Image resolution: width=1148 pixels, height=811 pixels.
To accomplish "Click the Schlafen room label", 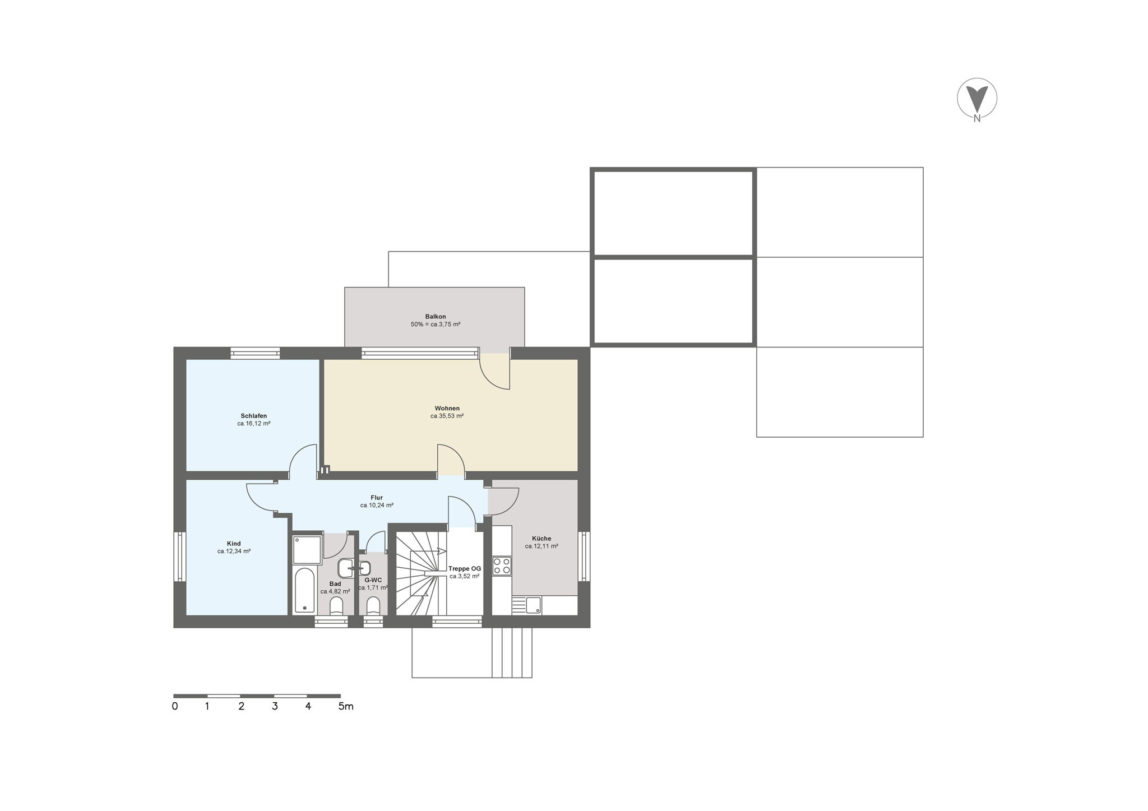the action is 254,416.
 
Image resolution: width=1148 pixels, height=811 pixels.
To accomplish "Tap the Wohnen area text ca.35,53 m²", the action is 447,416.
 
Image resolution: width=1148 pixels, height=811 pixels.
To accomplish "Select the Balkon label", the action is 436,317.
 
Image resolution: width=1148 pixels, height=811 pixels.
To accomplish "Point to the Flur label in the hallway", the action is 377,498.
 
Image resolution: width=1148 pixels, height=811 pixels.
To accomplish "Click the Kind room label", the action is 234,544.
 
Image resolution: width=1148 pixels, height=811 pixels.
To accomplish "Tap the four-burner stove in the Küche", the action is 502,566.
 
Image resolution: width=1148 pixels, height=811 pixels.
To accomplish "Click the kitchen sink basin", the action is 533,605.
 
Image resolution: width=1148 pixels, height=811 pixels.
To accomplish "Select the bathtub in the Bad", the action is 305,591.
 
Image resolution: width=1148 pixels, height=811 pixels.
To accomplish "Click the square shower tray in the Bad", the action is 308,550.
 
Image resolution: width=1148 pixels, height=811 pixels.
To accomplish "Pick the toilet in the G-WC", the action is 373,606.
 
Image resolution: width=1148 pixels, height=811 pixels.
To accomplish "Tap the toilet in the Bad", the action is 336,606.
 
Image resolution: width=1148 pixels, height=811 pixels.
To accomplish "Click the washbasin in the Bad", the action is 346,567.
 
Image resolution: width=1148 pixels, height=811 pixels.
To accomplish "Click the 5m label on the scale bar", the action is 346,706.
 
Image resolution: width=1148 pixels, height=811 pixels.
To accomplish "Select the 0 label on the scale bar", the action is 175,706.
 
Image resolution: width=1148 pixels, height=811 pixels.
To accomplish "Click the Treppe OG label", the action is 465,568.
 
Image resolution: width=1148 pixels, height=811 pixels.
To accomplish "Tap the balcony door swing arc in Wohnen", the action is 489,379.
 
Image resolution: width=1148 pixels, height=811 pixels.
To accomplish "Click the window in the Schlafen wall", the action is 255,353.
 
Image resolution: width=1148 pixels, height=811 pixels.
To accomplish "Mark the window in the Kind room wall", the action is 179,557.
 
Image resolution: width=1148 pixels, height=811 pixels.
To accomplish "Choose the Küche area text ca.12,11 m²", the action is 541,546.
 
